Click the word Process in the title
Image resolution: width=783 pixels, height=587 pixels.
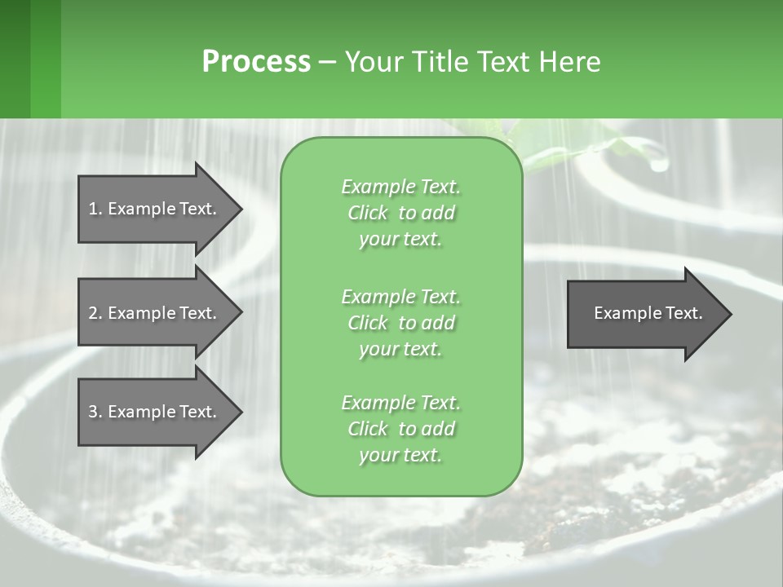256,62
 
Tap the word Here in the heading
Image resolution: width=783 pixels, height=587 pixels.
568,62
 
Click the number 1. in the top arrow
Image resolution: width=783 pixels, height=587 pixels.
95,209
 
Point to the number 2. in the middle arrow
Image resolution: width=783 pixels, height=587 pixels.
95,313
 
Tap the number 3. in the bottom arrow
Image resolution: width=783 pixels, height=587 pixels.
95,412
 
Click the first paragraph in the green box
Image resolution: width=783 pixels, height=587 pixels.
400,213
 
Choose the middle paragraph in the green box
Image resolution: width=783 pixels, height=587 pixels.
400,323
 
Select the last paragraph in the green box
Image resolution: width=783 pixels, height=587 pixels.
400,429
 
